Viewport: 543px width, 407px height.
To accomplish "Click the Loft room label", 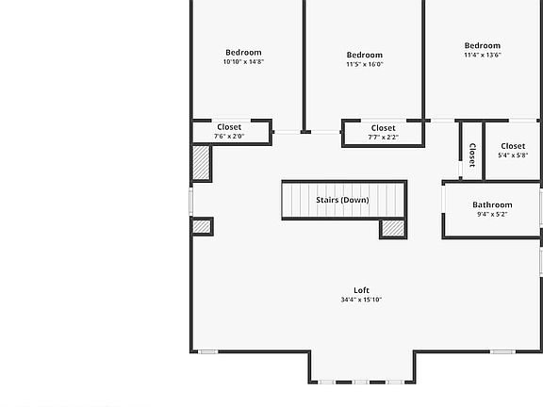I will (x=361, y=290).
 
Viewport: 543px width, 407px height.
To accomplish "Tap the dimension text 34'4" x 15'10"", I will (x=361, y=300).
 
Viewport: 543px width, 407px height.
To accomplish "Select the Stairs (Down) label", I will (x=342, y=200).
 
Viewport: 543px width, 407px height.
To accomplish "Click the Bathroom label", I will (x=492, y=204).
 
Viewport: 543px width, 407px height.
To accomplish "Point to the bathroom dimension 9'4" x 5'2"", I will (x=492, y=214).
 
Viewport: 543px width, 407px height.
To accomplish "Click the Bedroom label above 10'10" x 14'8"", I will (x=243, y=53).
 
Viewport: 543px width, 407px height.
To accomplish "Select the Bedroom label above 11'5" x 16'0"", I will (x=365, y=56).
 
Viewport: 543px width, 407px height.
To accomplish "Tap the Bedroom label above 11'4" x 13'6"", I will (x=482, y=45).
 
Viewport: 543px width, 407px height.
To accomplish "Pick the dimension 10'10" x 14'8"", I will (x=243, y=62).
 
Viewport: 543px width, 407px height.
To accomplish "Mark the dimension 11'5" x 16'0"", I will (x=365, y=65).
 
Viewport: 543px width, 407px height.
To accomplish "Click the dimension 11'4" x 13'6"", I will (x=482, y=55).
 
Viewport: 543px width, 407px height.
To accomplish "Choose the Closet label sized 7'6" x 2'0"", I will (x=229, y=127).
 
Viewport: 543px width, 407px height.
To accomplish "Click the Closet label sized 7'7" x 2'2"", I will (x=383, y=128).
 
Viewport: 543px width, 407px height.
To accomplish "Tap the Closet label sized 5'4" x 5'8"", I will (x=513, y=146).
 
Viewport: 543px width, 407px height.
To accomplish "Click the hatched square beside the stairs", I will (x=392, y=227).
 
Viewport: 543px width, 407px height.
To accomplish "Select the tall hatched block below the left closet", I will (x=201, y=162).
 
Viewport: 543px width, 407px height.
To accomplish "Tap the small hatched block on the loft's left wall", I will (x=201, y=226).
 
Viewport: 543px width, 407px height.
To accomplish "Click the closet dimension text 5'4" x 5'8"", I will (x=513, y=155).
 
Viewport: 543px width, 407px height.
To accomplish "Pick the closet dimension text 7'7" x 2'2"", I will (x=383, y=138).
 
